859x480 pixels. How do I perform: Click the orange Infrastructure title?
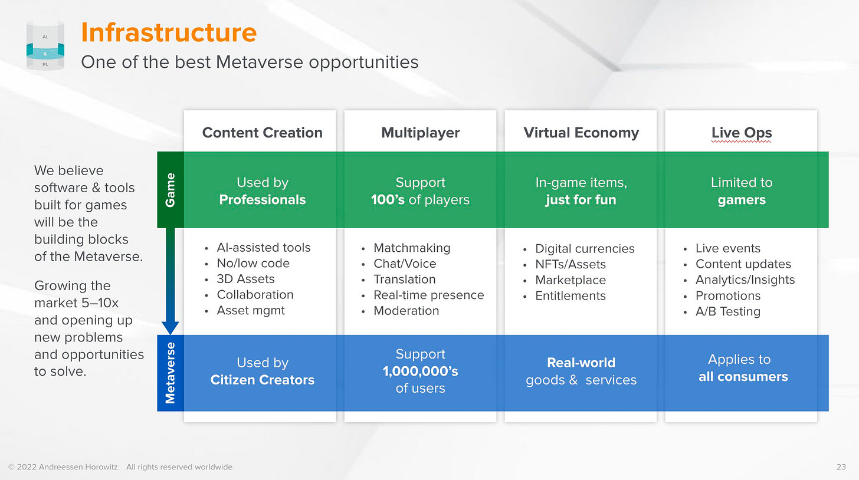point(169,32)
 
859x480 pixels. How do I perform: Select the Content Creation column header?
point(263,133)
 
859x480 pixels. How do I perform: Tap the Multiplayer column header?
point(420,133)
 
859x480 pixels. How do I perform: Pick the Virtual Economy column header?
point(581,133)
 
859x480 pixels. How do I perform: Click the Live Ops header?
point(742,133)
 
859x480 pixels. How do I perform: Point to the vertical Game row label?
point(171,190)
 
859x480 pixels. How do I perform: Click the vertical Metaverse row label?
point(171,373)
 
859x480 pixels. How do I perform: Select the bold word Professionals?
point(263,200)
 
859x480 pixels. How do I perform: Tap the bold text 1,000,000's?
point(420,371)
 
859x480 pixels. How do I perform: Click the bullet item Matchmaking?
point(412,248)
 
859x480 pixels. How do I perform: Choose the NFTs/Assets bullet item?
point(571,264)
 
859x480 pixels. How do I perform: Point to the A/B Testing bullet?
point(728,311)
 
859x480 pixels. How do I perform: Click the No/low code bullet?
point(253,263)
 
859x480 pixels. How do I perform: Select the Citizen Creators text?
point(263,380)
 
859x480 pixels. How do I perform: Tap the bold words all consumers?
point(743,376)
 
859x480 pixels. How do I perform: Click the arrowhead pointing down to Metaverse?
point(171,328)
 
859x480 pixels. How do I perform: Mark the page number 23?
point(841,467)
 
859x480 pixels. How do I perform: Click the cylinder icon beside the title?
point(45,45)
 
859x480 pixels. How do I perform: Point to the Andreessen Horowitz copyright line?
point(121,467)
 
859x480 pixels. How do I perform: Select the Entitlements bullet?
point(571,295)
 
